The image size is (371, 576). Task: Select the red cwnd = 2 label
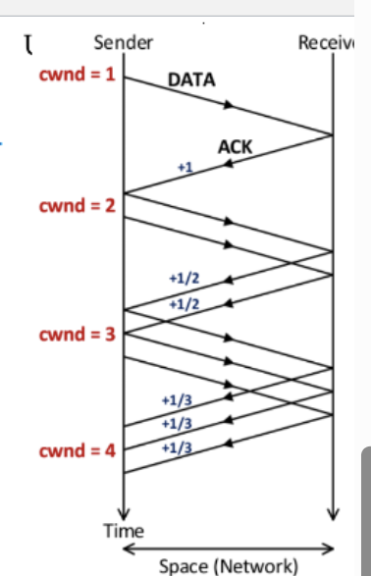(77, 207)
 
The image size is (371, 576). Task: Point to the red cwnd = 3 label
(77, 335)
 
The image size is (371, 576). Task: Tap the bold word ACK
(236, 148)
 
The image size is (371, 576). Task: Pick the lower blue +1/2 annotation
(185, 304)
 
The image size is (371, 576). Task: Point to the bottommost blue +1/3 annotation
(175, 446)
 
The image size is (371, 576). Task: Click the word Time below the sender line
(124, 531)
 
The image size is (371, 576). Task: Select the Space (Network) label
(228, 565)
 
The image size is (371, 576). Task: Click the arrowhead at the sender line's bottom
(124, 511)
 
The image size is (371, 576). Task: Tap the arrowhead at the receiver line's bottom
(334, 511)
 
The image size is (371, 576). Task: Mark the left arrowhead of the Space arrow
(127, 549)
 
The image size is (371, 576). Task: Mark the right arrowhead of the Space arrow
(331, 549)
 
